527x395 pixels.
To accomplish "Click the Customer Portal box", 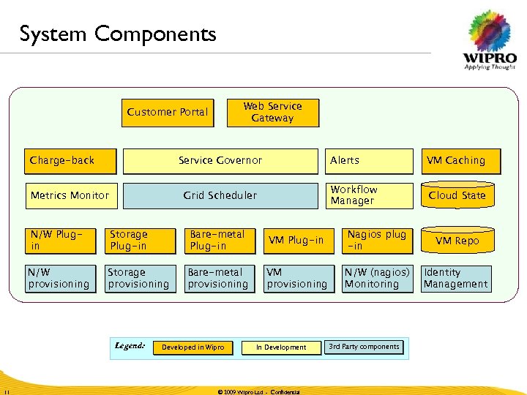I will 168,113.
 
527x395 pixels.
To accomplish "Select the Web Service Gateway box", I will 272,113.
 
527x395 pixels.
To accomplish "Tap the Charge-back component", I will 71,161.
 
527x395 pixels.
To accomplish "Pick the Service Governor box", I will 220,161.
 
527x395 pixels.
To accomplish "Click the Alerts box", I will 369,161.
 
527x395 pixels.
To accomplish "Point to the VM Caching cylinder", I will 456,161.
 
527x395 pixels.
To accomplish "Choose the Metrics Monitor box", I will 71,195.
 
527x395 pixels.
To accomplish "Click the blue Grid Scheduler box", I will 220,195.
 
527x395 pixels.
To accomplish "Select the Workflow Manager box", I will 369,195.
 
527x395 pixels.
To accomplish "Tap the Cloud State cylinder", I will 457,195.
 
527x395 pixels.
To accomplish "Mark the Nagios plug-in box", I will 376,241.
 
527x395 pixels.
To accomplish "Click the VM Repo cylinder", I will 457,240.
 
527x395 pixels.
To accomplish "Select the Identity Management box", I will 456,279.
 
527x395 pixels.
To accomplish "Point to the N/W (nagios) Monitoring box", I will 377,279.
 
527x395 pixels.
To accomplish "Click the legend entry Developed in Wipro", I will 193,347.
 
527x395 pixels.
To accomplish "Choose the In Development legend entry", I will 281,347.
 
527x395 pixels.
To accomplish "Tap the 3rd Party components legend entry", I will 364,347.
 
